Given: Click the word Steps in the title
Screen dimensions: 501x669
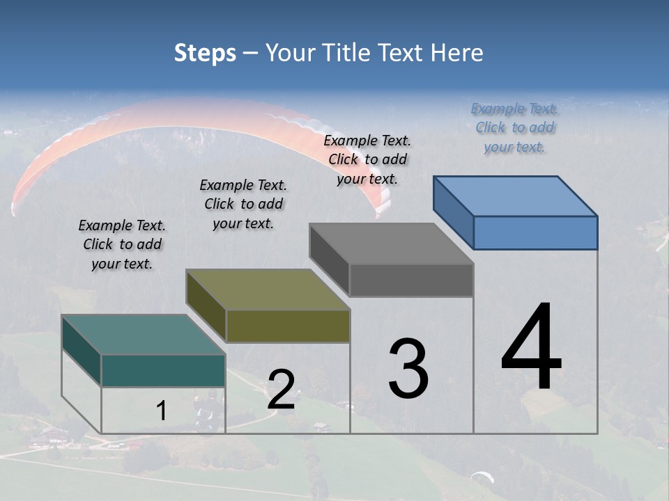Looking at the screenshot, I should click(205, 53).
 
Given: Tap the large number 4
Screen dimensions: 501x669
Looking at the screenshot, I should click(531, 348).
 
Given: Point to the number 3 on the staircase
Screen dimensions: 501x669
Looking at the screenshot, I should click(408, 369).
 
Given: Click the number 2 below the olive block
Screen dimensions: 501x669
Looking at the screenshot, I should click(281, 390).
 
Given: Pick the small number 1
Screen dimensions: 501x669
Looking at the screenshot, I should click(162, 411).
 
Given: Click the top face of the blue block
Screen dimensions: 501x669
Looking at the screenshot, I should click(516, 196).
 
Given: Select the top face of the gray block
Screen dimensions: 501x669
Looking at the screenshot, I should click(392, 244).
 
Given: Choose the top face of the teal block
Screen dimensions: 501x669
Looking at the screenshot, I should click(144, 335).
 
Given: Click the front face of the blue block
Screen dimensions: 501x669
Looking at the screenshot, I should click(535, 232).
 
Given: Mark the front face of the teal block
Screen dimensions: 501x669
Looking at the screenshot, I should click(163, 370).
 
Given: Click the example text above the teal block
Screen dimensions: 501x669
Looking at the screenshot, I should click(122, 245).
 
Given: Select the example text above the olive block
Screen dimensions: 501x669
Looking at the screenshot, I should click(243, 205).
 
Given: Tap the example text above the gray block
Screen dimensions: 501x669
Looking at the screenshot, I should click(367, 159).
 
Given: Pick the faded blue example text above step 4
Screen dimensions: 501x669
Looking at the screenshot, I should click(514, 127).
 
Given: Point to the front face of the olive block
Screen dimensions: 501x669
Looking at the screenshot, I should click(288, 326).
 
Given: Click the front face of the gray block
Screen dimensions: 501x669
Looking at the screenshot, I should click(411, 280).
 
